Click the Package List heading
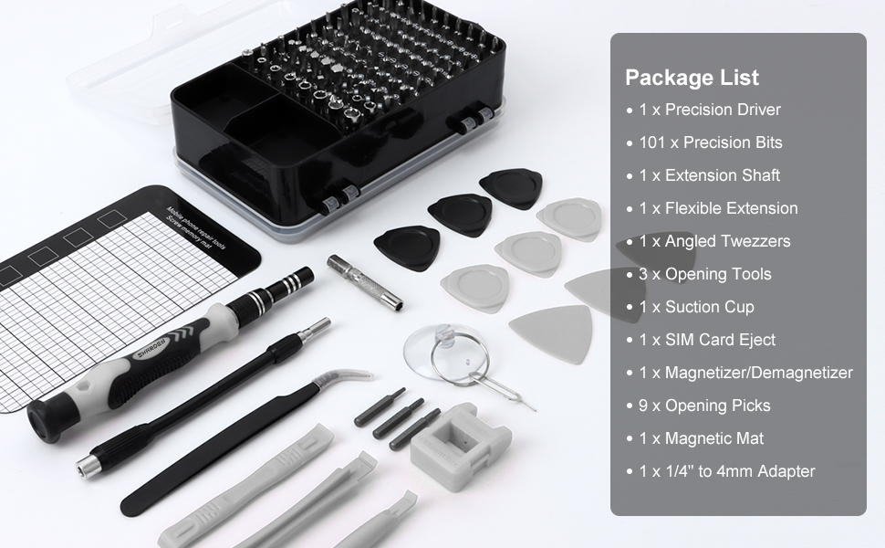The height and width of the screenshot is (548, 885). (x=692, y=78)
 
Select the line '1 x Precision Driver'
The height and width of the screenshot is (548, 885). (x=710, y=110)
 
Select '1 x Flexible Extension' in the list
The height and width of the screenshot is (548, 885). (x=718, y=208)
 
